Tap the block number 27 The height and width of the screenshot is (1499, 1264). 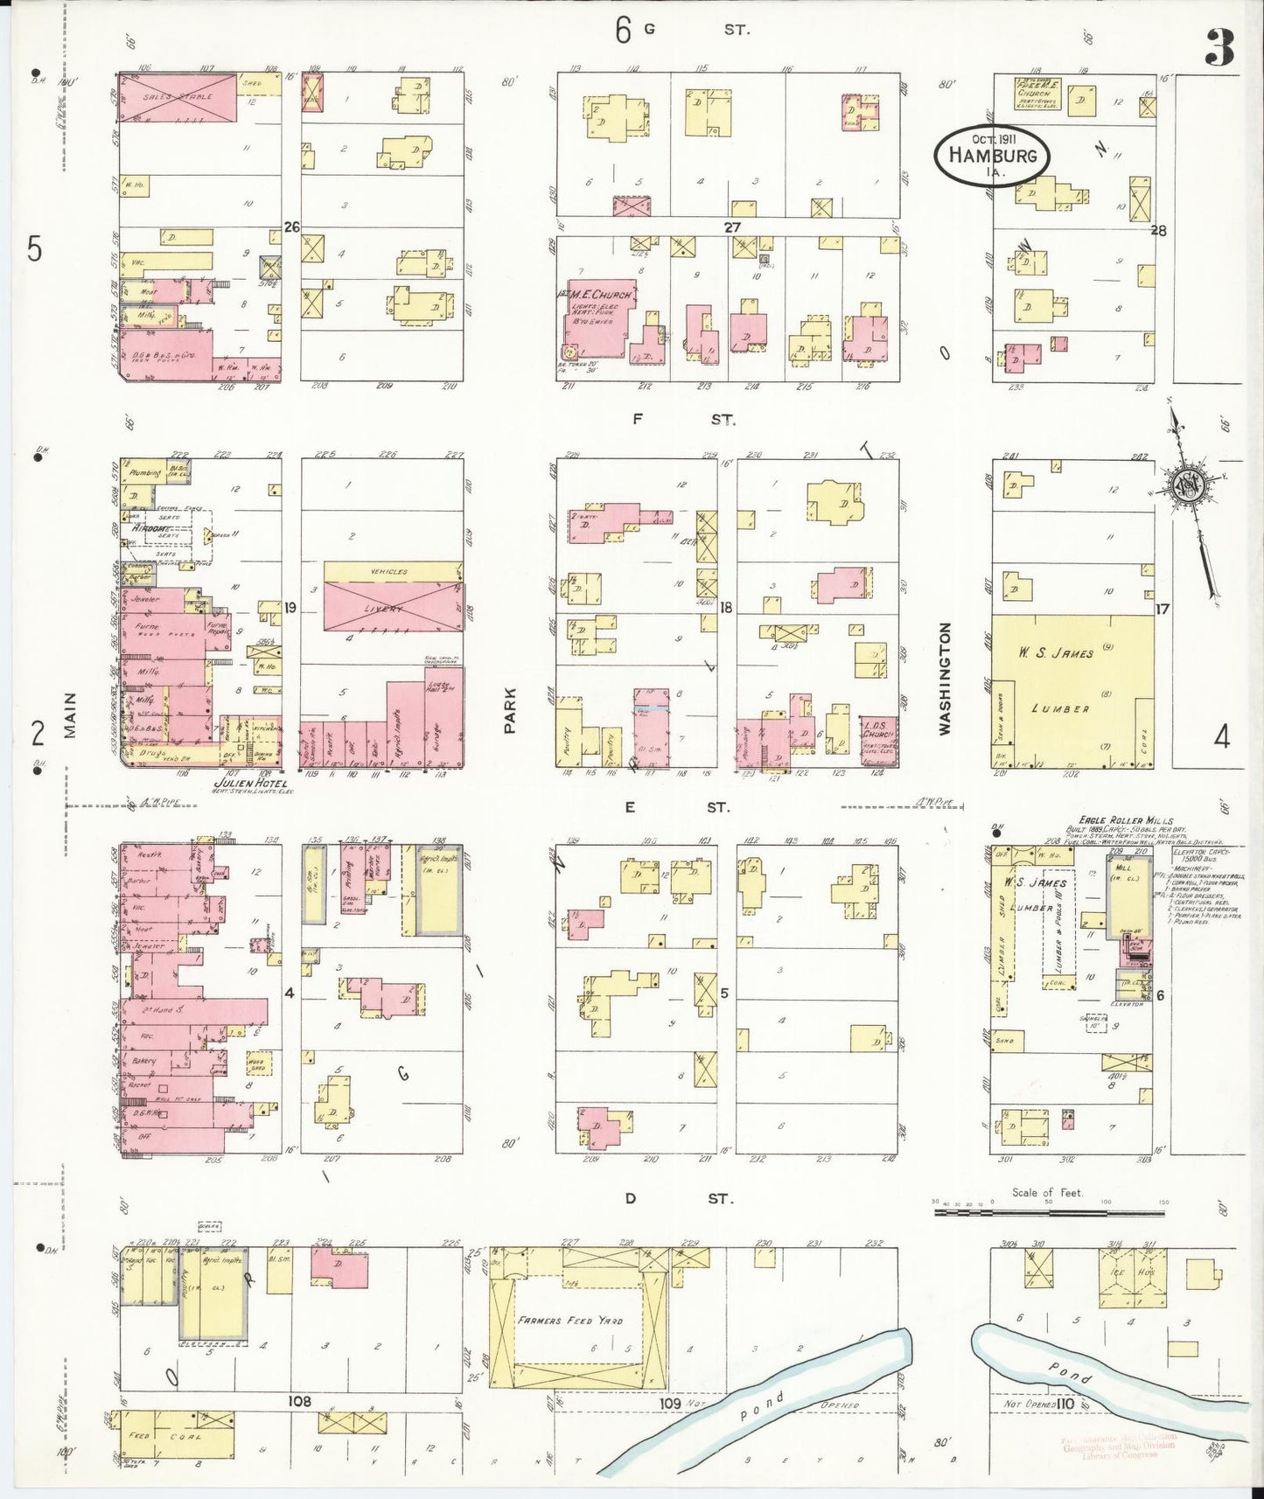pyautogui.click(x=731, y=227)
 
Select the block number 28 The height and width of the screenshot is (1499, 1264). pyautogui.click(x=1159, y=231)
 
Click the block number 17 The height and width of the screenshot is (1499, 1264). pyautogui.click(x=1162, y=609)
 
